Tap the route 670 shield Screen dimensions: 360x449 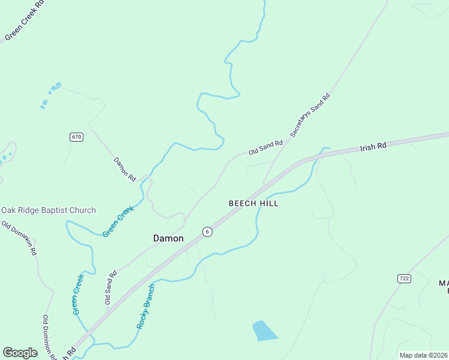click(76, 137)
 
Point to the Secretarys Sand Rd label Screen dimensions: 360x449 click(310, 115)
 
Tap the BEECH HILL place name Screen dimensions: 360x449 click(253, 203)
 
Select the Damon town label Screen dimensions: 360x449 click(168, 238)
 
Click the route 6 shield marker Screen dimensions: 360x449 click(206, 232)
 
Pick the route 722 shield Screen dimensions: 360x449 click(403, 278)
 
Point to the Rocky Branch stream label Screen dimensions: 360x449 click(146, 306)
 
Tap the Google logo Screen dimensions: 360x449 click(20, 353)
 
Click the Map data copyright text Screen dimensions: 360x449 click(423, 355)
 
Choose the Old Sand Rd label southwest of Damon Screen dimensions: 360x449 click(110, 286)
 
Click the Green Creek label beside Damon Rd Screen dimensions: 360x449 click(118, 221)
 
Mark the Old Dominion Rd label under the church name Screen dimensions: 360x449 click(19, 238)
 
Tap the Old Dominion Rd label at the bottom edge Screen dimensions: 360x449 click(49, 337)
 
